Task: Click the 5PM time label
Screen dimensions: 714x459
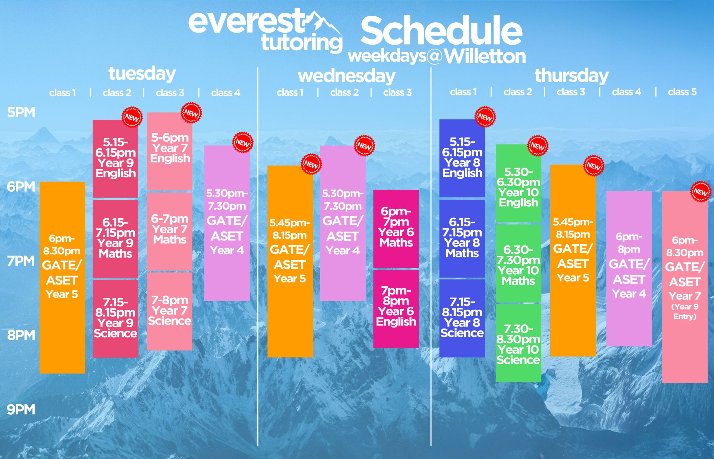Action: pos(21,112)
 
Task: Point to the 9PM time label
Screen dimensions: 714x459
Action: pos(21,410)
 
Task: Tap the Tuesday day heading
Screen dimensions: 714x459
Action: pos(142,74)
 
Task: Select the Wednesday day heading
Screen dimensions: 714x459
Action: pos(347,76)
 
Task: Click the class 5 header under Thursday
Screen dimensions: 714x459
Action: pos(682,92)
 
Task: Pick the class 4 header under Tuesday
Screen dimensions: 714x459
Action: pos(226,93)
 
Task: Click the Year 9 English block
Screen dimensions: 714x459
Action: pos(115,159)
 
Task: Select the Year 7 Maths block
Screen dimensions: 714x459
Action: pos(170,231)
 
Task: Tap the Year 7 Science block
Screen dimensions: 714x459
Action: pos(170,311)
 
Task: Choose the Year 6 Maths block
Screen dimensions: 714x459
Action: pos(396,229)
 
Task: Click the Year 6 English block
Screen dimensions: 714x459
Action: pos(396,309)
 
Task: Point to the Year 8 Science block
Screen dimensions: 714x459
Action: pos(462,318)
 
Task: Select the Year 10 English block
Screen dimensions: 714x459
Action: pos(518,183)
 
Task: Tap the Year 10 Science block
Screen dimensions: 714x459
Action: pos(518,343)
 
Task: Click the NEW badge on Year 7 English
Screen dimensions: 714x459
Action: pos(191,113)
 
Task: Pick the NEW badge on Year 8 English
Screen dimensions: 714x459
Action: pos(485,117)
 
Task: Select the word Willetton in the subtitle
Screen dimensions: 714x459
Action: pos(485,57)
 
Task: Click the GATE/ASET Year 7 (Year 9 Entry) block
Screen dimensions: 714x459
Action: pos(685,287)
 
